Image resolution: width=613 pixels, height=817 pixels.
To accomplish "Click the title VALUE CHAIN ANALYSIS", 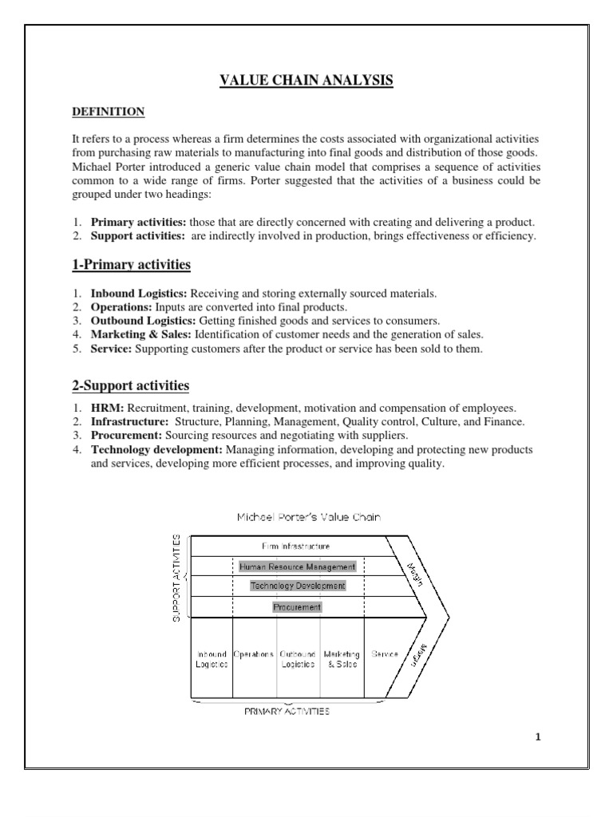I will (306, 80).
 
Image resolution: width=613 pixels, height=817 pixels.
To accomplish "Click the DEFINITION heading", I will (108, 112).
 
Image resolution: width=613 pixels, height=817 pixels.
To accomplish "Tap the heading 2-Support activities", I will (130, 386).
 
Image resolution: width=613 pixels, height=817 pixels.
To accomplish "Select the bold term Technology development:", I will (145, 450).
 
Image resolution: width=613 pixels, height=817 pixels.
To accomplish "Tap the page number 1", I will (538, 736).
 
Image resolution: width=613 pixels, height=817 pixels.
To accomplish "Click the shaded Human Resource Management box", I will (297, 566).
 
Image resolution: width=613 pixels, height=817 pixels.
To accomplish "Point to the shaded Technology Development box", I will (297, 586).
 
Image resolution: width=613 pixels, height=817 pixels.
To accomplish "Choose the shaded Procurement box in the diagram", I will (297, 606).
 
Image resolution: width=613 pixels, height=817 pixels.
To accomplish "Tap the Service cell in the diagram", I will (385, 654).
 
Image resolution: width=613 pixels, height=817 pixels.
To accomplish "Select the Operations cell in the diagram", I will (254, 654).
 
